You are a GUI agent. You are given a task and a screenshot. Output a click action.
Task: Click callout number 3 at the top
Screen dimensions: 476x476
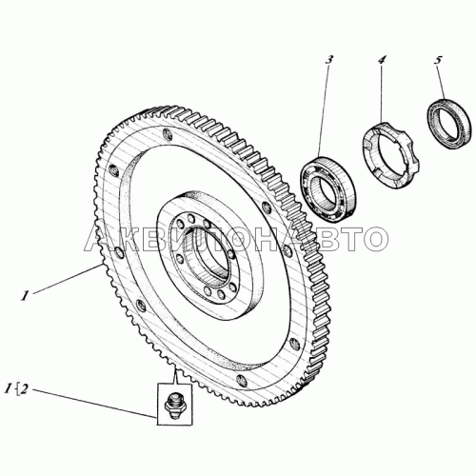point(329,60)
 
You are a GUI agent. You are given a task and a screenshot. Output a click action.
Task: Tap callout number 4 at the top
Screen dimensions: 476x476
point(382,60)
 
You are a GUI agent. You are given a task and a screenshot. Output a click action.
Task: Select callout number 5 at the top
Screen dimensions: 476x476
point(438,61)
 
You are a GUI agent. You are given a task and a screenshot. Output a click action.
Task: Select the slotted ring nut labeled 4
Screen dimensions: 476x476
point(391,155)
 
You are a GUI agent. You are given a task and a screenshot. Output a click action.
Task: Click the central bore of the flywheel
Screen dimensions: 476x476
point(209,254)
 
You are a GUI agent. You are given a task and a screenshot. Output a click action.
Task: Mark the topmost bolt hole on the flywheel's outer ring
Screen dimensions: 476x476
point(167,134)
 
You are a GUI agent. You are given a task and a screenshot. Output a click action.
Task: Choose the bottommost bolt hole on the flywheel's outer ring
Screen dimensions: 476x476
point(242,380)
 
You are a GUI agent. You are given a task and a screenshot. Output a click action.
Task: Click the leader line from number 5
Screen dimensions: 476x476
point(442,83)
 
